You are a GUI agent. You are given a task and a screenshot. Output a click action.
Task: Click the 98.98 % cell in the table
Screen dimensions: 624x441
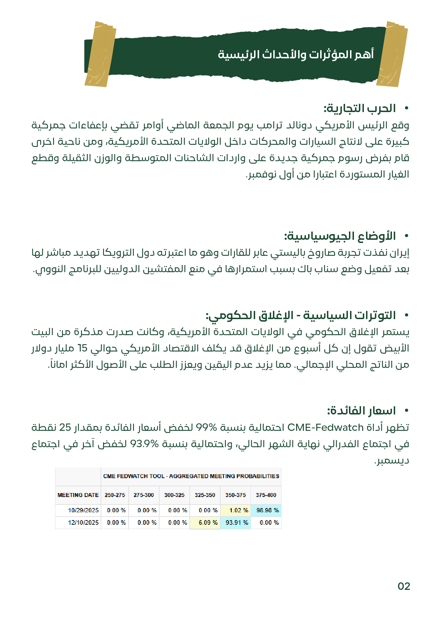click(x=266, y=510)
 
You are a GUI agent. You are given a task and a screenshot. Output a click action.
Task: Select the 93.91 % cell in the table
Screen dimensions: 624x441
click(x=236, y=522)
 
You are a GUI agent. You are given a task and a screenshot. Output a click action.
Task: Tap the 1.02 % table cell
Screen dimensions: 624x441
click(x=236, y=510)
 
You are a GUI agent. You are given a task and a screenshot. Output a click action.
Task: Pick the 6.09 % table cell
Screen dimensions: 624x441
click(x=205, y=522)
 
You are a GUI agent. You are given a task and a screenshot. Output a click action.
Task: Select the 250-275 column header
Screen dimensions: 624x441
click(x=115, y=495)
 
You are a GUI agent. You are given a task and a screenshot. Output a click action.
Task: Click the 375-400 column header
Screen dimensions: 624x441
click(x=266, y=495)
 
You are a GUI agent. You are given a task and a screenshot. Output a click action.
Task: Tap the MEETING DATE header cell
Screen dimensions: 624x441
click(x=78, y=495)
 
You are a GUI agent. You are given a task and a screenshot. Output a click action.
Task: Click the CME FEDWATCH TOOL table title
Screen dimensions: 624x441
click(x=191, y=476)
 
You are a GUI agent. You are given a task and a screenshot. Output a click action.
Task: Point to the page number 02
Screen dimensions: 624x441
click(x=404, y=586)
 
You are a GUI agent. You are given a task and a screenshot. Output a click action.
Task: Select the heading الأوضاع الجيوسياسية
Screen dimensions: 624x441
click(x=340, y=236)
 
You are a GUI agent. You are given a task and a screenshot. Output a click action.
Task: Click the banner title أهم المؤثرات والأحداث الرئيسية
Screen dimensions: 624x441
click(x=296, y=54)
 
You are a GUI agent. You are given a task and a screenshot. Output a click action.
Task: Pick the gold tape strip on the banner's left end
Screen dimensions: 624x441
click(x=100, y=54)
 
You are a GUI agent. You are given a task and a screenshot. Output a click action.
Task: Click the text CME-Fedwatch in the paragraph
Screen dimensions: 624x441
click(x=325, y=427)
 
